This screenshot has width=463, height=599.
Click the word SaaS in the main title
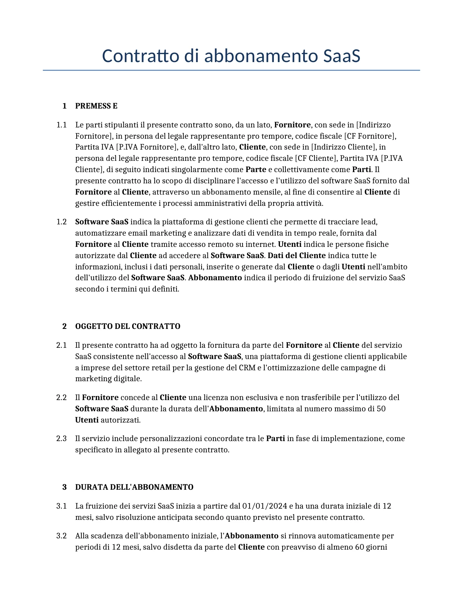click(341, 56)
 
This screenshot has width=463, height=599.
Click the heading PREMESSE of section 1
click(96, 106)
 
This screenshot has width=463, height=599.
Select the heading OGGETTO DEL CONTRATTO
click(127, 326)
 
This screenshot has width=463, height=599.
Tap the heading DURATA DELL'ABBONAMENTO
click(134, 487)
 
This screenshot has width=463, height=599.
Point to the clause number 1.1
click(61, 125)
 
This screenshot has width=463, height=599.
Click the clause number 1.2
click(61, 222)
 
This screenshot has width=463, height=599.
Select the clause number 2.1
click(61, 345)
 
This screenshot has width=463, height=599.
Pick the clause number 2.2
click(61, 398)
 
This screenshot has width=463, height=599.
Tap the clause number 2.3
click(61, 439)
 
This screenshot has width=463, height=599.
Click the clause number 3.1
click(61, 506)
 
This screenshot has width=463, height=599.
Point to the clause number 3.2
click(61, 536)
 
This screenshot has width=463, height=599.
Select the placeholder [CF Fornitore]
click(370, 136)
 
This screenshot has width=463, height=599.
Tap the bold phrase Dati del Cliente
click(296, 256)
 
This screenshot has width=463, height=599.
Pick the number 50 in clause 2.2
click(381, 409)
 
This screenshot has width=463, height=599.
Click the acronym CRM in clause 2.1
click(247, 368)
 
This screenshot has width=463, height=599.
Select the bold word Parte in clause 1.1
click(256, 170)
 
